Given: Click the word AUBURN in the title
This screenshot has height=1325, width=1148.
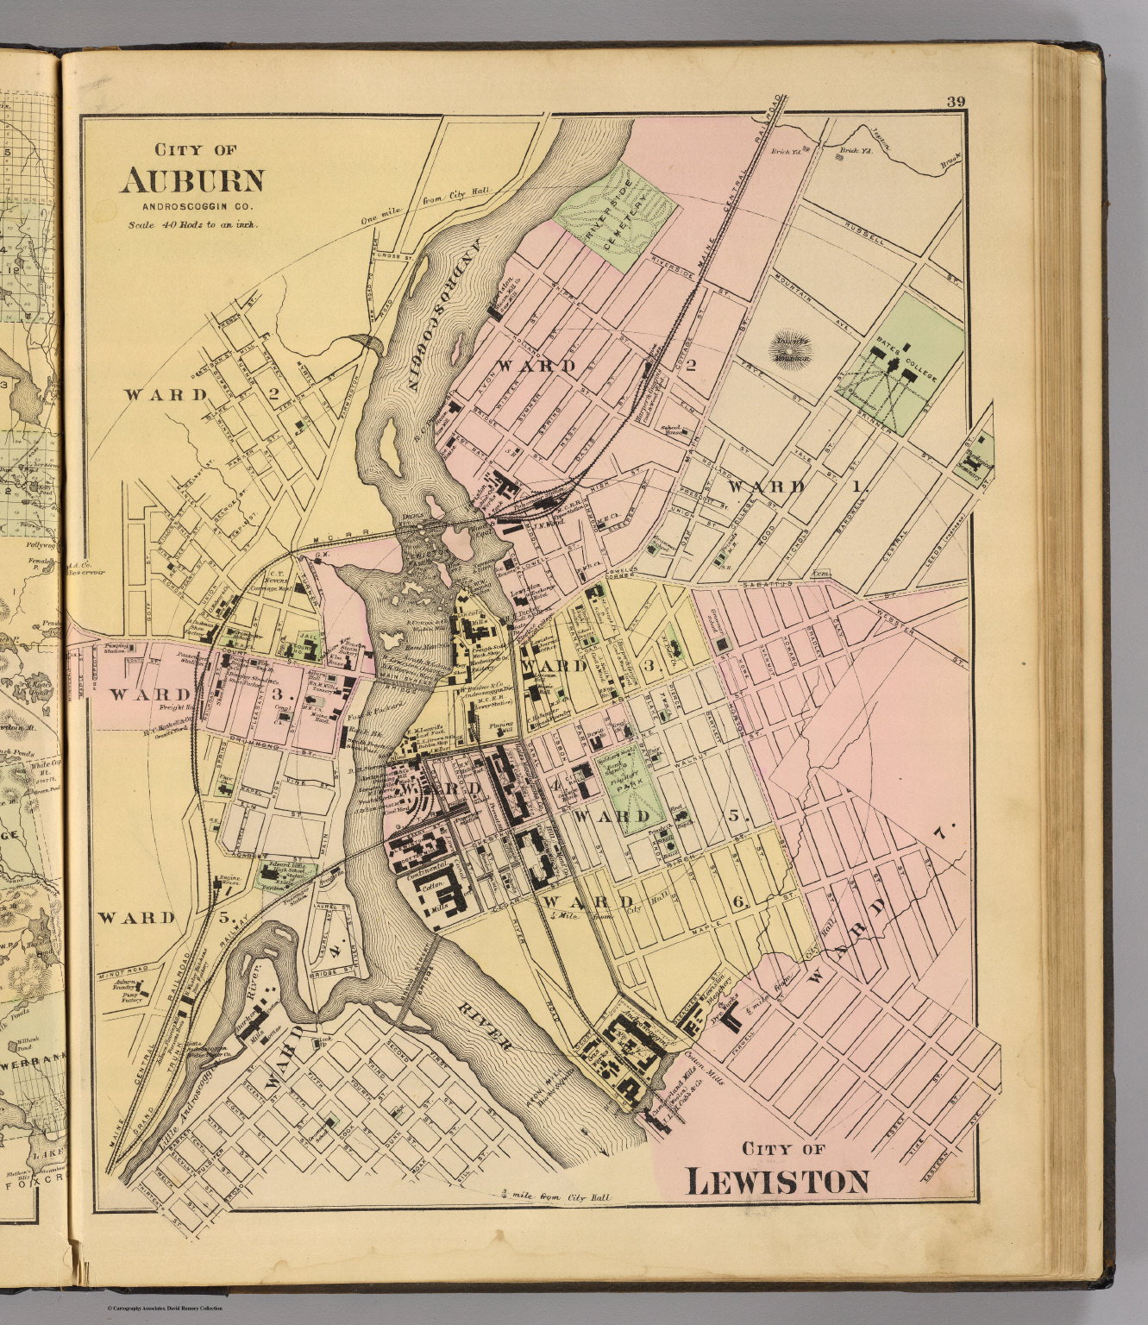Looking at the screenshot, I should [x=191, y=179].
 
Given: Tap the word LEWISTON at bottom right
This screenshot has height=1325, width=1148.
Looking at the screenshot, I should [x=776, y=1181].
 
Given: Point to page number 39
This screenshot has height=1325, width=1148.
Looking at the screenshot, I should [x=955, y=103].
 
